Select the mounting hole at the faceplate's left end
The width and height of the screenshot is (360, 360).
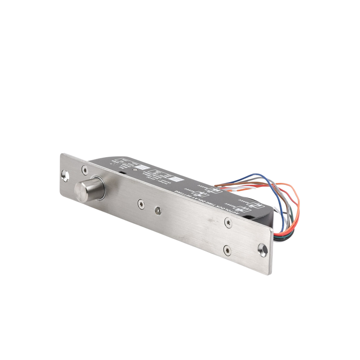coord(64,176)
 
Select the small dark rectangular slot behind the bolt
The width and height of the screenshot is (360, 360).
coord(123,174)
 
